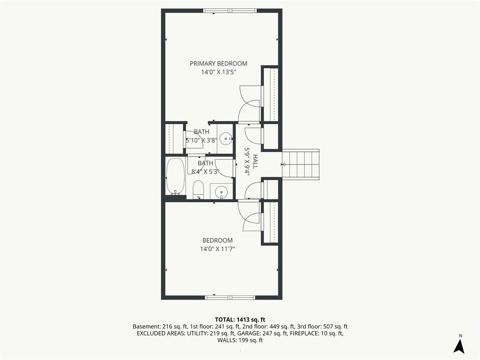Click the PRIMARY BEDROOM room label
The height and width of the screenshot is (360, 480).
pyautogui.click(x=218, y=64)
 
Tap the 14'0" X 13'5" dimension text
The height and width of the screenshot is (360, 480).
pyautogui.click(x=219, y=73)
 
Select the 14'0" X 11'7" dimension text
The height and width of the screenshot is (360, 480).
pyautogui.click(x=217, y=249)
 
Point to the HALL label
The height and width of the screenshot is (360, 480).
pyautogui.click(x=255, y=161)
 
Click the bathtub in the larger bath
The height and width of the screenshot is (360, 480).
pyautogui.click(x=175, y=176)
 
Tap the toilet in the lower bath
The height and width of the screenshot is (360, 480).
pyautogui.click(x=198, y=189)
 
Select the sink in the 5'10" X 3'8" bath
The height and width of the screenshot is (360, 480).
pyautogui.click(x=226, y=139)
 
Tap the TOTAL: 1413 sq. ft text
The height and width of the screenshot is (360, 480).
pyautogui.click(x=240, y=320)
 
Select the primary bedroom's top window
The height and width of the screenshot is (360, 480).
pyautogui.click(x=230, y=11)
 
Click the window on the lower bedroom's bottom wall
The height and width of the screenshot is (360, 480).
pyautogui.click(x=230, y=297)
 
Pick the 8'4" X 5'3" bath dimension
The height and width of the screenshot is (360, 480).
pyautogui.click(x=205, y=172)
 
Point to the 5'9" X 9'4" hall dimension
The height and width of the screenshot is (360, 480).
pyautogui.click(x=247, y=161)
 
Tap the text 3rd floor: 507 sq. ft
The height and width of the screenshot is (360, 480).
pyautogui.click(x=322, y=327)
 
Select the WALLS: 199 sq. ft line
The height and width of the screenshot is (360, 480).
pyautogui.click(x=240, y=340)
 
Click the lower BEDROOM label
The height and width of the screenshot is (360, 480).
pyautogui.click(x=217, y=240)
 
